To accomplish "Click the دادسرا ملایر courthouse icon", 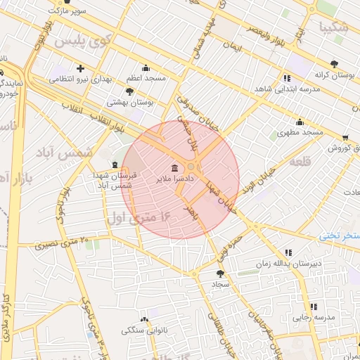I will pos(174,167).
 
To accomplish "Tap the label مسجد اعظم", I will pos(145,78).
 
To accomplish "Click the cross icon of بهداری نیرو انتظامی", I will pos(81,69).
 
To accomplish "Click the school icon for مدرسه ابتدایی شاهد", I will pos(286,78).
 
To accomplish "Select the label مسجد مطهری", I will pos(300,132).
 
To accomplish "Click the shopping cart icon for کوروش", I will pos(345,139).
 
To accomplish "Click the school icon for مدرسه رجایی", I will pos(314,307).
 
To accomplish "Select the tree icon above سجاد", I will pos(220,273).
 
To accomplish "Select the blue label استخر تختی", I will pos(340,235).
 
